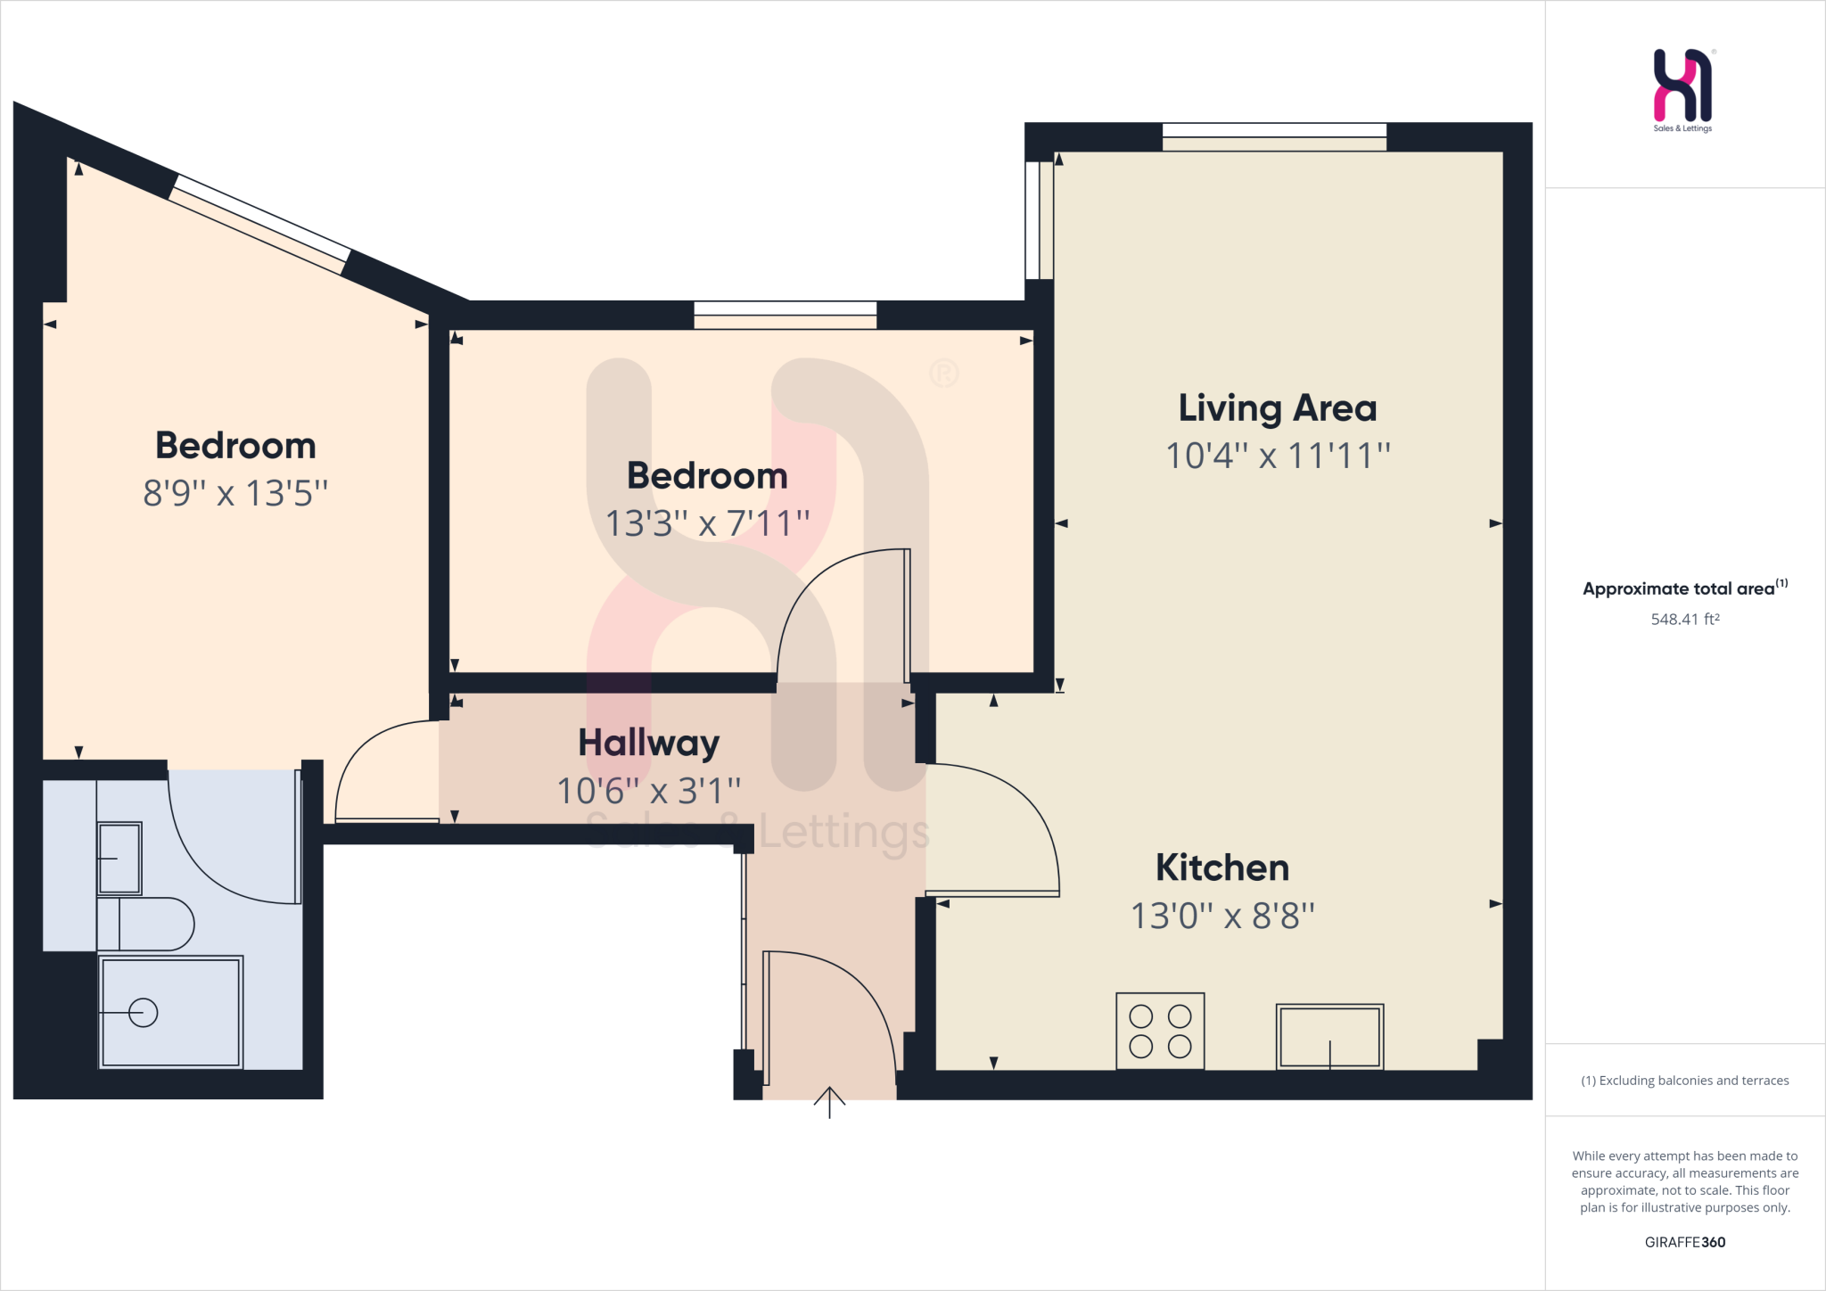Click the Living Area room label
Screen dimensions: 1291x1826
pyautogui.click(x=1277, y=408)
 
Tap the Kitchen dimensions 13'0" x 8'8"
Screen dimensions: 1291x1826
pyautogui.click(x=1222, y=916)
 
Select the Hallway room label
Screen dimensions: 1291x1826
pyautogui.click(x=648, y=743)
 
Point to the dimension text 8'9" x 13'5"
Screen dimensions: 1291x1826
pyautogui.click(x=235, y=493)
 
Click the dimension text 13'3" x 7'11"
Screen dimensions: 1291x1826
pyautogui.click(x=707, y=523)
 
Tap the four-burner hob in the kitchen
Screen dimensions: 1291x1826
pyautogui.click(x=1160, y=1031)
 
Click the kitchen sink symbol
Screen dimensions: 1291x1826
pyautogui.click(x=1329, y=1036)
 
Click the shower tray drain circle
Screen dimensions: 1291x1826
pyautogui.click(x=144, y=1013)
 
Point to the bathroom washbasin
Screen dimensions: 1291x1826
pyautogui.click(x=119, y=858)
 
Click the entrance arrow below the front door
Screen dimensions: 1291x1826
pyautogui.click(x=829, y=1102)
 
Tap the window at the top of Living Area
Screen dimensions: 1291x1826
pyautogui.click(x=1274, y=136)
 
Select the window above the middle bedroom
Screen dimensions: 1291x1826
pyautogui.click(x=785, y=315)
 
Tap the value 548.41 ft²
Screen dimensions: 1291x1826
pyautogui.click(x=1684, y=619)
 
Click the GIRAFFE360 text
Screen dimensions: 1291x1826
pyautogui.click(x=1684, y=1242)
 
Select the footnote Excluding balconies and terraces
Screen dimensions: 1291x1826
pyautogui.click(x=1684, y=1081)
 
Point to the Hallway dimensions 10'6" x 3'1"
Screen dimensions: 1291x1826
pyautogui.click(x=648, y=791)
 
